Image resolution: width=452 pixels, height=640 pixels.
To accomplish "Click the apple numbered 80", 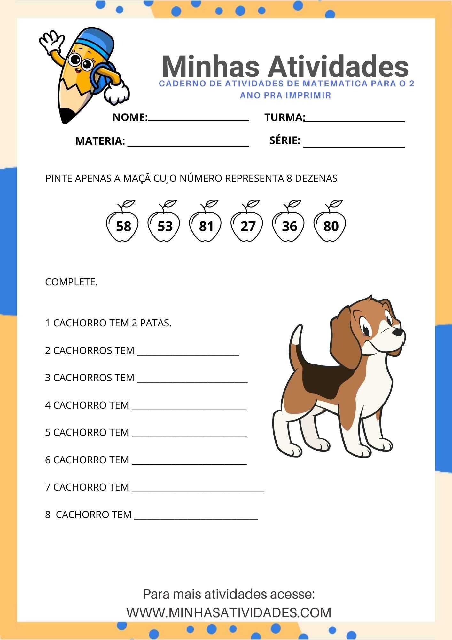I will coord(330,224).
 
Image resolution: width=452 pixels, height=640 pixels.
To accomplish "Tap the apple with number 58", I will coord(122,224).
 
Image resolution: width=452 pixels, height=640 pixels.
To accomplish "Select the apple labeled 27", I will coord(247,224).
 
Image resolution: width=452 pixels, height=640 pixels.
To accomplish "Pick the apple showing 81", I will coord(205,224).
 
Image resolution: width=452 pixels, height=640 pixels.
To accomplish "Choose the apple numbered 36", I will coord(288,224).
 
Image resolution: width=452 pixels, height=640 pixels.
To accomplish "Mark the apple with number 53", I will coord(164,224).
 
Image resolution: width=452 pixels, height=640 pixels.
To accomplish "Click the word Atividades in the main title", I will coord(338,67).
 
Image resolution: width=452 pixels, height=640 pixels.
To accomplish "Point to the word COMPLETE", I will coord(71,282).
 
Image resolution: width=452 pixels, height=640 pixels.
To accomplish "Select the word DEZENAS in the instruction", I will coord(316,179).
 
